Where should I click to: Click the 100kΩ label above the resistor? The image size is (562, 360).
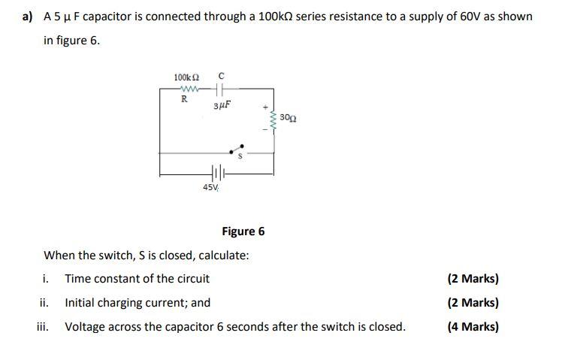[186, 77]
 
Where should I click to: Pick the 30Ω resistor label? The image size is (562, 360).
[288, 118]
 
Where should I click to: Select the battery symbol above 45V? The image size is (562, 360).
[217, 172]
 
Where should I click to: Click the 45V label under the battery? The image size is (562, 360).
[210, 187]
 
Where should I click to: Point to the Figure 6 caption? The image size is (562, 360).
[243, 231]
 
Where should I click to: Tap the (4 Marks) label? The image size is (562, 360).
[473, 326]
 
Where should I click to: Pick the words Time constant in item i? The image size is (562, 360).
[98, 279]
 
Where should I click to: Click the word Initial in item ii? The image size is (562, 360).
[80, 303]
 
